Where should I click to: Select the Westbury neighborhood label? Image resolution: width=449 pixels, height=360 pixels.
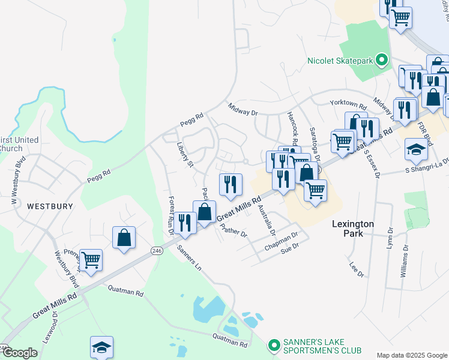pyautogui.click(x=50, y=206)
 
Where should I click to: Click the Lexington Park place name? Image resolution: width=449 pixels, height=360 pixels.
pyautogui.click(x=353, y=228)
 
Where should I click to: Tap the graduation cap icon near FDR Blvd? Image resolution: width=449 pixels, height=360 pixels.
pyautogui.click(x=415, y=149)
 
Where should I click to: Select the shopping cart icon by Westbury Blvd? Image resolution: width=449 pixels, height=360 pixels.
pyautogui.click(x=91, y=260)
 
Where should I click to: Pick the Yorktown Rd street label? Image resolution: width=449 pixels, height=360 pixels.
pyautogui.click(x=348, y=103)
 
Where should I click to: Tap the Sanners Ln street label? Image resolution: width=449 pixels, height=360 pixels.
pyautogui.click(x=188, y=256)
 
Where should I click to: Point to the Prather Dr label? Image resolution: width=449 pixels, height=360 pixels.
pyautogui.click(x=234, y=230)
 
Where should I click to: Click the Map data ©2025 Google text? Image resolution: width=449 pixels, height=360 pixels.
pyautogui.click(x=411, y=355)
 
